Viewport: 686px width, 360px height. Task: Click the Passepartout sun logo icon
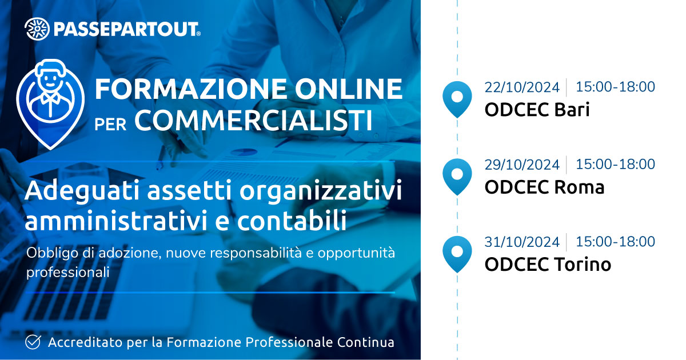37,29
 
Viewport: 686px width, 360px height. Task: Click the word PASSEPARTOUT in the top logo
126,29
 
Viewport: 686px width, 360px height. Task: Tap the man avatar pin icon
50,104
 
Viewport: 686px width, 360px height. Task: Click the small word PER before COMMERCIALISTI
110,125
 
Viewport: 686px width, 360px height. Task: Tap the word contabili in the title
292,220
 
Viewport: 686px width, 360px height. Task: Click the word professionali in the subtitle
67,272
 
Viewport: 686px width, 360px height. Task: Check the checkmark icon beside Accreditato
33,342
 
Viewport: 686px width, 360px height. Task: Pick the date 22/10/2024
522,87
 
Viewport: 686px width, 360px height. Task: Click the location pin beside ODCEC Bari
457,99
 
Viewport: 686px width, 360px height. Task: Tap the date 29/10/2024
522,165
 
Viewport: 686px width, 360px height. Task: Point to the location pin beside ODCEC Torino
457,254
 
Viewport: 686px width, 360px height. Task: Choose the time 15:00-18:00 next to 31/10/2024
616,242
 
